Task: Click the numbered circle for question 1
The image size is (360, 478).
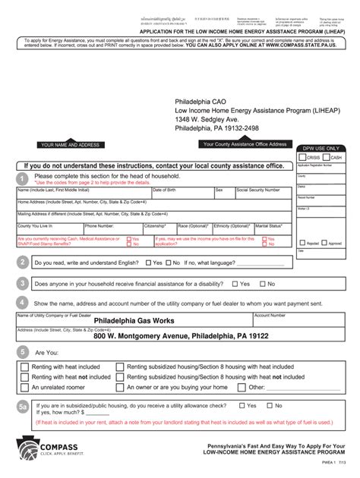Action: pos(23,178)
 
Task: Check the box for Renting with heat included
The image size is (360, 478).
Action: pos(25,366)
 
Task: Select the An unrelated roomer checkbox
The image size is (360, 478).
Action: pos(25,387)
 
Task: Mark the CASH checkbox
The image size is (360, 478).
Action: pos(327,157)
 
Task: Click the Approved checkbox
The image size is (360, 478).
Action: pos(324,244)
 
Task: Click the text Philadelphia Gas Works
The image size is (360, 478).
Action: pos(134,321)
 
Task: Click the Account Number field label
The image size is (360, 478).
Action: pos(270,314)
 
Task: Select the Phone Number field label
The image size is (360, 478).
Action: pos(99,225)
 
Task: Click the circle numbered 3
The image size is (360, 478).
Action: pos(23,283)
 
